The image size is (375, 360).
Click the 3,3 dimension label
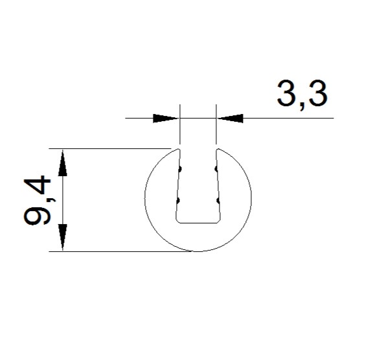point(302,94)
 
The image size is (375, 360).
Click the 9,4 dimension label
point(38,200)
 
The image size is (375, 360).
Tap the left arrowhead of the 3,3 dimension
point(166,118)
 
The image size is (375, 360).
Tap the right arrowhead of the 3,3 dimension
point(231,118)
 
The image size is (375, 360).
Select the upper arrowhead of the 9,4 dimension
point(63,163)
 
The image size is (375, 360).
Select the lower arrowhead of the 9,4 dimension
point(63,237)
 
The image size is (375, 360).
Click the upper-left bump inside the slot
point(180,169)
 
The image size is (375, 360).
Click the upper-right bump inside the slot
point(216,169)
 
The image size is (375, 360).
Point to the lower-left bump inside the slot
point(178,201)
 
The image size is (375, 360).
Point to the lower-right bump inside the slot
point(218,201)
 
